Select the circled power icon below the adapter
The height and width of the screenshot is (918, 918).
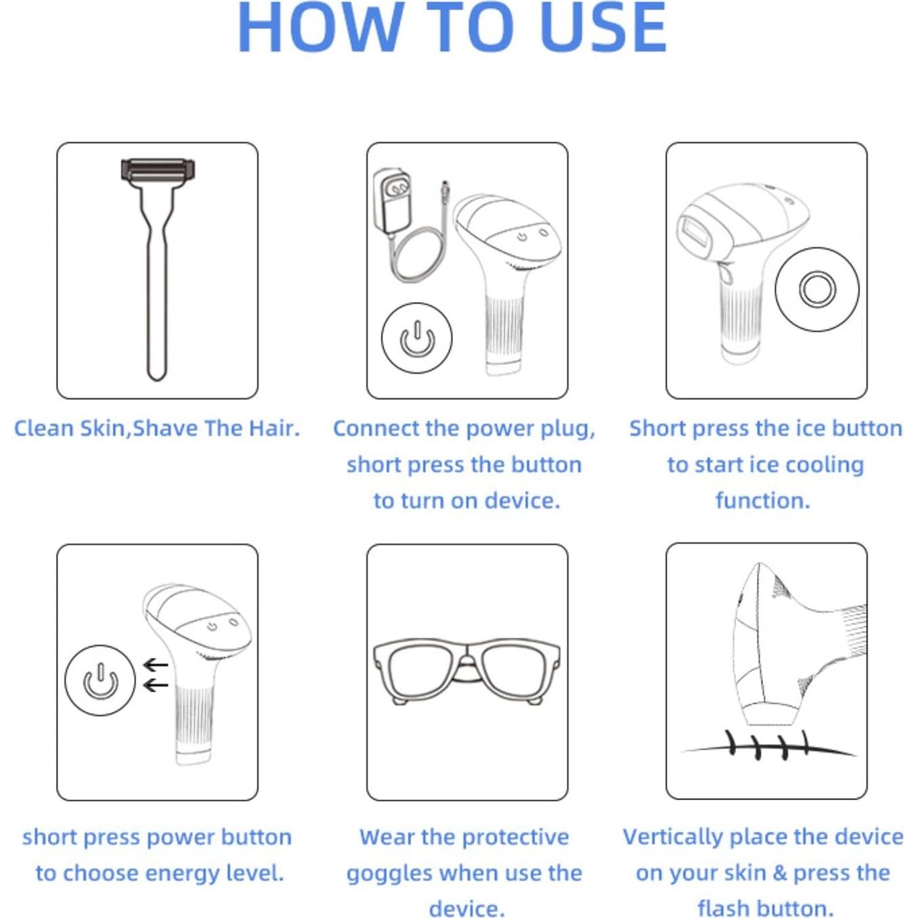tap(417, 338)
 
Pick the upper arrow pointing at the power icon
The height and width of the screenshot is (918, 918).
tap(156, 665)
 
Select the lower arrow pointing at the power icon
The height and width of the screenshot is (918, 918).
tap(156, 685)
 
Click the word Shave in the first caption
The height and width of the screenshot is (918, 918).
tap(165, 429)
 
